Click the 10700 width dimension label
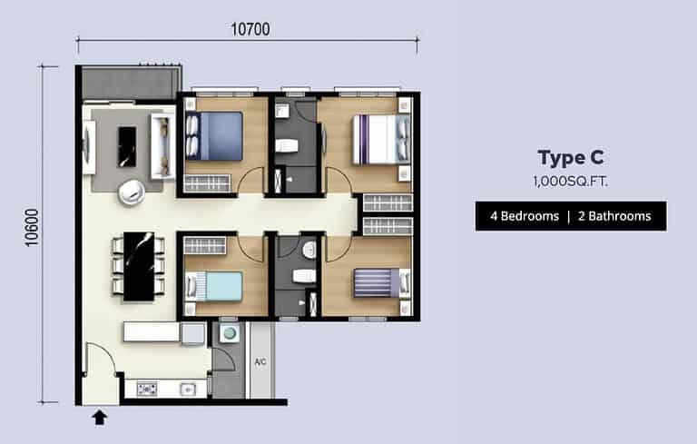(x=250, y=29)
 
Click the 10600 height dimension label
(x=32, y=227)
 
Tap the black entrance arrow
(x=100, y=418)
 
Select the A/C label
(x=260, y=361)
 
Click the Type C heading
(x=571, y=158)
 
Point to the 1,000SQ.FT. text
(x=571, y=181)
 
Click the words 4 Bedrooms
(x=525, y=216)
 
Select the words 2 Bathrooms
(x=614, y=216)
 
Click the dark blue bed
(x=214, y=135)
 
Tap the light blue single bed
(x=214, y=286)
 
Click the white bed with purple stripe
(x=381, y=140)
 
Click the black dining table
(x=139, y=266)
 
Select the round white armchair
(x=131, y=192)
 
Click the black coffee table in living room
(x=127, y=147)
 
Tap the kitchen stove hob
(x=147, y=390)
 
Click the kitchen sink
(x=188, y=390)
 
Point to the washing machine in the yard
(x=230, y=333)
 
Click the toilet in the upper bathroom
(x=286, y=145)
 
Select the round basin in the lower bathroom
(x=309, y=250)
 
